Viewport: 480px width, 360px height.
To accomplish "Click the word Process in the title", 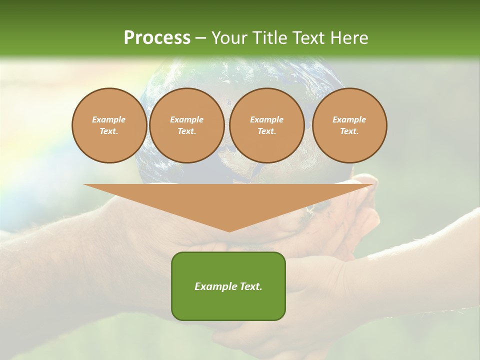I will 157,38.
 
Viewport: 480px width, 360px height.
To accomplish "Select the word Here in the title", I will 348,38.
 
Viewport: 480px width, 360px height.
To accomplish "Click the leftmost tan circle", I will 109,125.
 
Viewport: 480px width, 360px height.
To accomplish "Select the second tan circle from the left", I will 187,125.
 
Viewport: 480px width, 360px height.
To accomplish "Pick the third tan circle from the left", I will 267,125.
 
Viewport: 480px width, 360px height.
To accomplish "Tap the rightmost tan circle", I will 349,125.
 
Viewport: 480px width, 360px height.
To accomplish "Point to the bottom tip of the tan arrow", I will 229,231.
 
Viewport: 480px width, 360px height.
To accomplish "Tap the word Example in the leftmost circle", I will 109,119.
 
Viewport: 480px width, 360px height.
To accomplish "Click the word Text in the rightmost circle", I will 349,131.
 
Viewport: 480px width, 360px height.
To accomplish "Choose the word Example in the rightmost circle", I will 349,119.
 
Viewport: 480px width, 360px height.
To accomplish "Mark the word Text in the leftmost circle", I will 109,131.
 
